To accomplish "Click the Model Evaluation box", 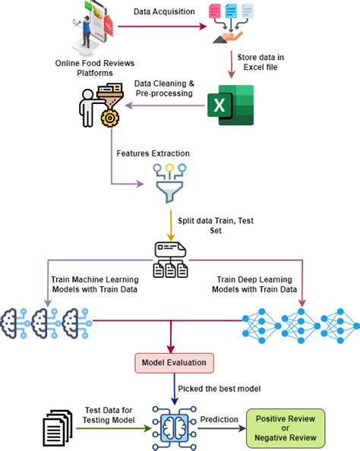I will point(175,362).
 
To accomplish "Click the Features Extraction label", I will point(153,153).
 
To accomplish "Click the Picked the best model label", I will point(219,389).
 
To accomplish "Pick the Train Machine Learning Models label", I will point(94,285).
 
